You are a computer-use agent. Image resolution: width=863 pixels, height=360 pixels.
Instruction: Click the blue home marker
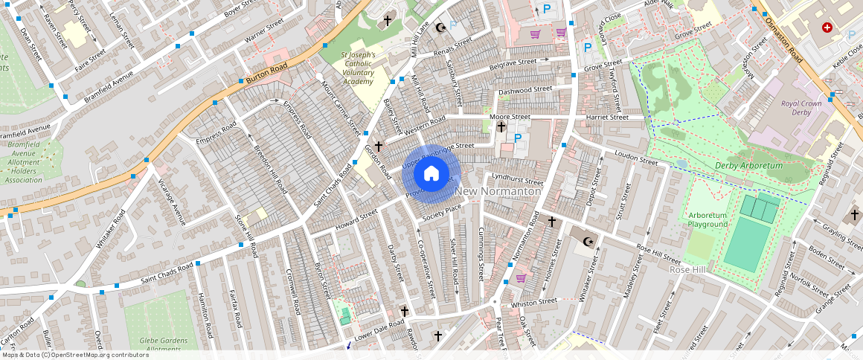click(431, 174)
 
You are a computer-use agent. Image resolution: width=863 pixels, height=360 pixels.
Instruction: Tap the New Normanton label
click(498, 192)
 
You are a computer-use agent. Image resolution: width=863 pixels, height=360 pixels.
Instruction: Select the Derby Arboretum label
click(749, 165)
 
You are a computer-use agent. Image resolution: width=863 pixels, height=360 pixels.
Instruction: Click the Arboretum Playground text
click(708, 219)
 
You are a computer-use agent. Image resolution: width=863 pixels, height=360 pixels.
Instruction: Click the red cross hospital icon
click(827, 28)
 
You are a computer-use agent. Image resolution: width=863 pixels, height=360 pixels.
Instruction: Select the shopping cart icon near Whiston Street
click(522, 278)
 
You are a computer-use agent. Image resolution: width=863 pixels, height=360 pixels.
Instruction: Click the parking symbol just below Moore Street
click(518, 137)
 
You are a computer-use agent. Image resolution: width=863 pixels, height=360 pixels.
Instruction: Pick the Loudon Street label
click(637, 157)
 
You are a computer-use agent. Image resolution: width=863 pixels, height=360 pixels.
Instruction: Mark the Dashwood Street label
click(525, 90)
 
